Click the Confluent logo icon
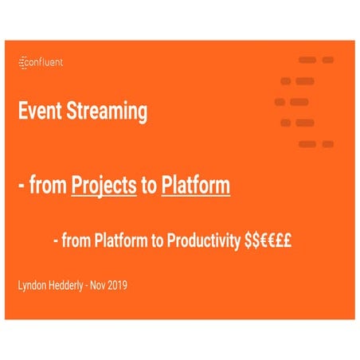pos(22,63)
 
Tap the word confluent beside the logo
pos(46,63)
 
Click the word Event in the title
pos(40,112)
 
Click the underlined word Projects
pos(104,187)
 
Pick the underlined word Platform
pos(195,187)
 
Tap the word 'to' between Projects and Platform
pos(149,187)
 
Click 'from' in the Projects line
pos(49,187)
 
